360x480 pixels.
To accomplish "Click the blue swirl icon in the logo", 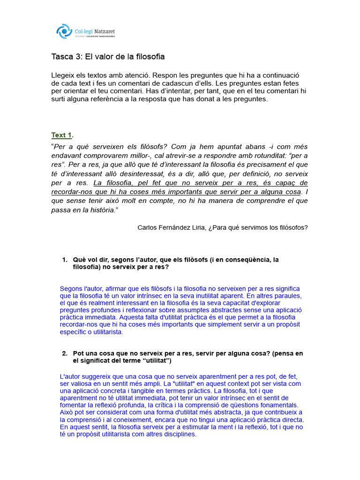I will pos(64,32).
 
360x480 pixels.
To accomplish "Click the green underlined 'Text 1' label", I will pos(61,135).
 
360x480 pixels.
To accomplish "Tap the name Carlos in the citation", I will pos(149,227).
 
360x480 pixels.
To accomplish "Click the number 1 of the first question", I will pos(65,260).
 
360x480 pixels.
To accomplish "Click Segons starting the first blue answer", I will pos(71,289).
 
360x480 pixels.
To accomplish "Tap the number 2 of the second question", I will pos(65,353).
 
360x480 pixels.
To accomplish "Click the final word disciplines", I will pos(180,434).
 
